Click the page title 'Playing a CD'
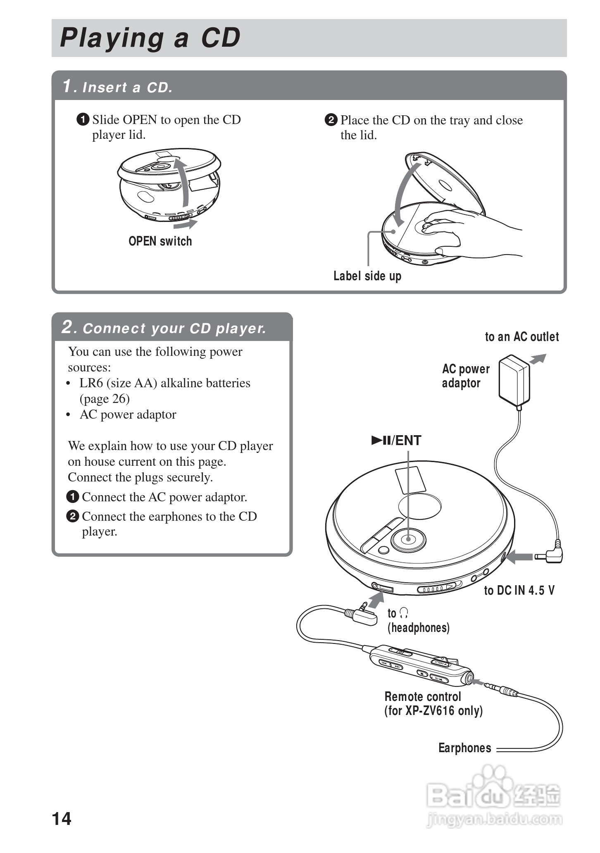[150, 38]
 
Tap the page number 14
[62, 818]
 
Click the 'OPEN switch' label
[160, 241]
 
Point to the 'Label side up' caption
[367, 276]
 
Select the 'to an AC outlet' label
[521, 337]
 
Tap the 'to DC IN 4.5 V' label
[519, 590]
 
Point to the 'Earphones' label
[464, 748]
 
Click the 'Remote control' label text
[423, 697]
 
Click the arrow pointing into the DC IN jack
[519, 557]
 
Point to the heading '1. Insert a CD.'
[118, 87]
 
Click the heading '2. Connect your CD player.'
[164, 328]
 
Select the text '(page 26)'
[105, 398]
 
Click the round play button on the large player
[408, 539]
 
